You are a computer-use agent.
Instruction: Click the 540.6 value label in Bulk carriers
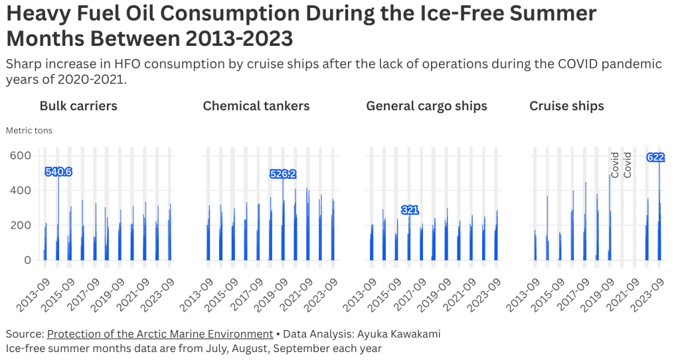[x=58, y=172]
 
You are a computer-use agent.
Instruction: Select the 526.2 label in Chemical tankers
[x=283, y=174]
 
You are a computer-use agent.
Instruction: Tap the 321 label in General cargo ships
[x=410, y=210]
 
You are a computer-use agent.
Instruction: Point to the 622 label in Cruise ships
[x=655, y=157]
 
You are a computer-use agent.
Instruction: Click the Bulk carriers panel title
[x=78, y=106]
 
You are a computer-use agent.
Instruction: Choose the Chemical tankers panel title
[x=256, y=106]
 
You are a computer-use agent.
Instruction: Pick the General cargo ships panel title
[x=426, y=106]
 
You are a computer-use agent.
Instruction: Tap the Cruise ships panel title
[x=566, y=106]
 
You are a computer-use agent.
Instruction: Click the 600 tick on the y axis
[x=21, y=155]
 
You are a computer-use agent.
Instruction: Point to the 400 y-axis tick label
[x=21, y=191]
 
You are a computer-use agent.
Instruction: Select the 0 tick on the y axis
[x=28, y=260]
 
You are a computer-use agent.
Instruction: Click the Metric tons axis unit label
[x=29, y=131]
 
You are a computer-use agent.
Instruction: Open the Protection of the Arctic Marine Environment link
[x=160, y=334]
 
